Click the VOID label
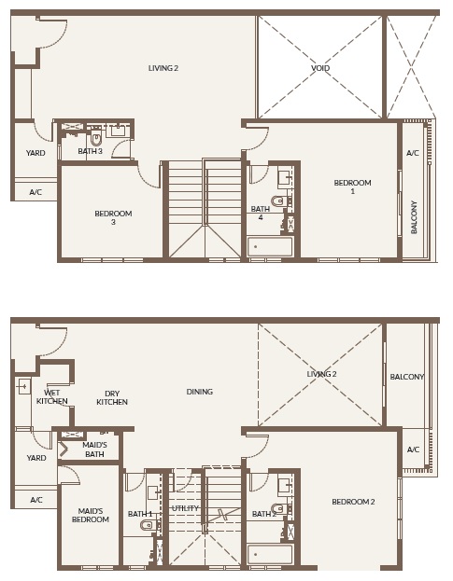[319, 68]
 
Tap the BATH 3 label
[90, 151]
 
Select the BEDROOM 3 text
[113, 218]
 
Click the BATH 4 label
[260, 214]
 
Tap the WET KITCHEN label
[52, 397]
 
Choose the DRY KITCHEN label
[112, 397]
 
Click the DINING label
[199, 392]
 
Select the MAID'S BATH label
[95, 450]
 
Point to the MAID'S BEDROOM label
[90, 514]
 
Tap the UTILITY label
[186, 508]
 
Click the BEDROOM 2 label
[353, 502]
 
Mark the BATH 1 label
[139, 514]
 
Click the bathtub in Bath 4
[270, 246]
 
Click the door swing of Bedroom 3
[147, 172]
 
